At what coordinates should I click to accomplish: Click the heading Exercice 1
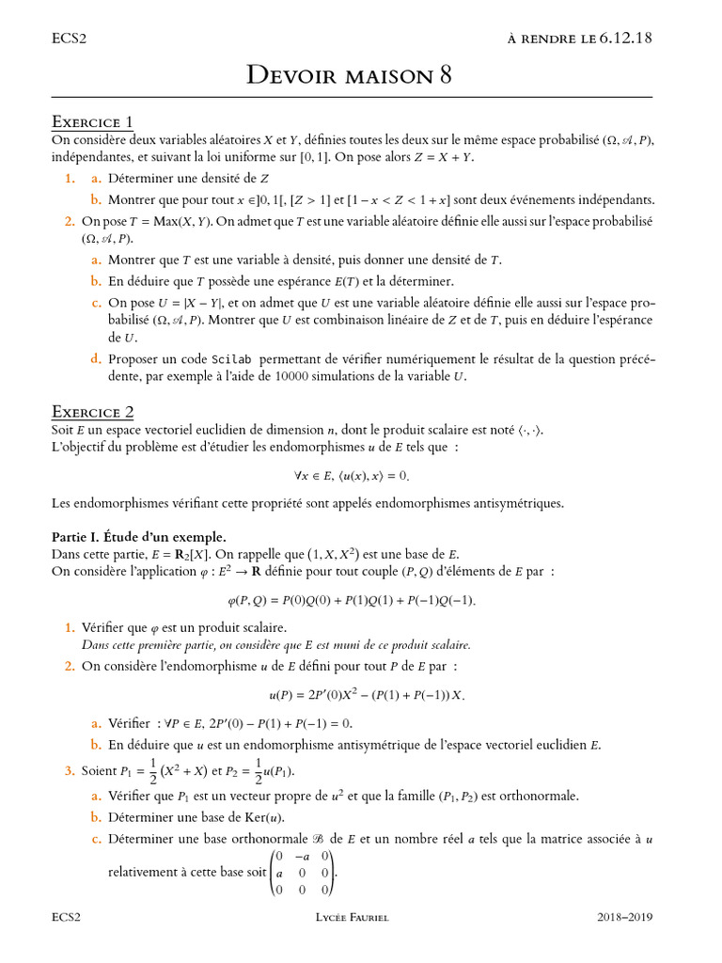(x=92, y=122)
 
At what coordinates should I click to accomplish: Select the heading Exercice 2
(x=92, y=412)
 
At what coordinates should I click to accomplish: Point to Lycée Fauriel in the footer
(x=353, y=917)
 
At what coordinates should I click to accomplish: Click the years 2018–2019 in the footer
(x=624, y=917)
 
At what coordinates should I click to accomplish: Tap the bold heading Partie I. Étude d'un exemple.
(x=138, y=536)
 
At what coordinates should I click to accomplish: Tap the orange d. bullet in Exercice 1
(x=96, y=359)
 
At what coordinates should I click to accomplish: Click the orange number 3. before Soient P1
(x=70, y=771)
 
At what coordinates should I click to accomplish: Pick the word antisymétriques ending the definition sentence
(x=512, y=503)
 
